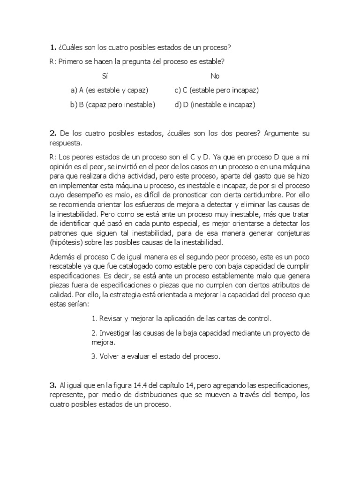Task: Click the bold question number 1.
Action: [x=52, y=47]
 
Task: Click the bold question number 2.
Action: [x=52, y=134]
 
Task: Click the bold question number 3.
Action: [x=52, y=385]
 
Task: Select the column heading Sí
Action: [x=105, y=76]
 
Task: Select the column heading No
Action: [x=215, y=76]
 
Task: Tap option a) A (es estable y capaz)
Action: [x=109, y=90]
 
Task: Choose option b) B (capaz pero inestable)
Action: [x=112, y=105]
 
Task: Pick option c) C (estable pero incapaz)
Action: [x=217, y=90]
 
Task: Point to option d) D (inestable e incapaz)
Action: [x=215, y=105]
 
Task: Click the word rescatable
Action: [x=66, y=266]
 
